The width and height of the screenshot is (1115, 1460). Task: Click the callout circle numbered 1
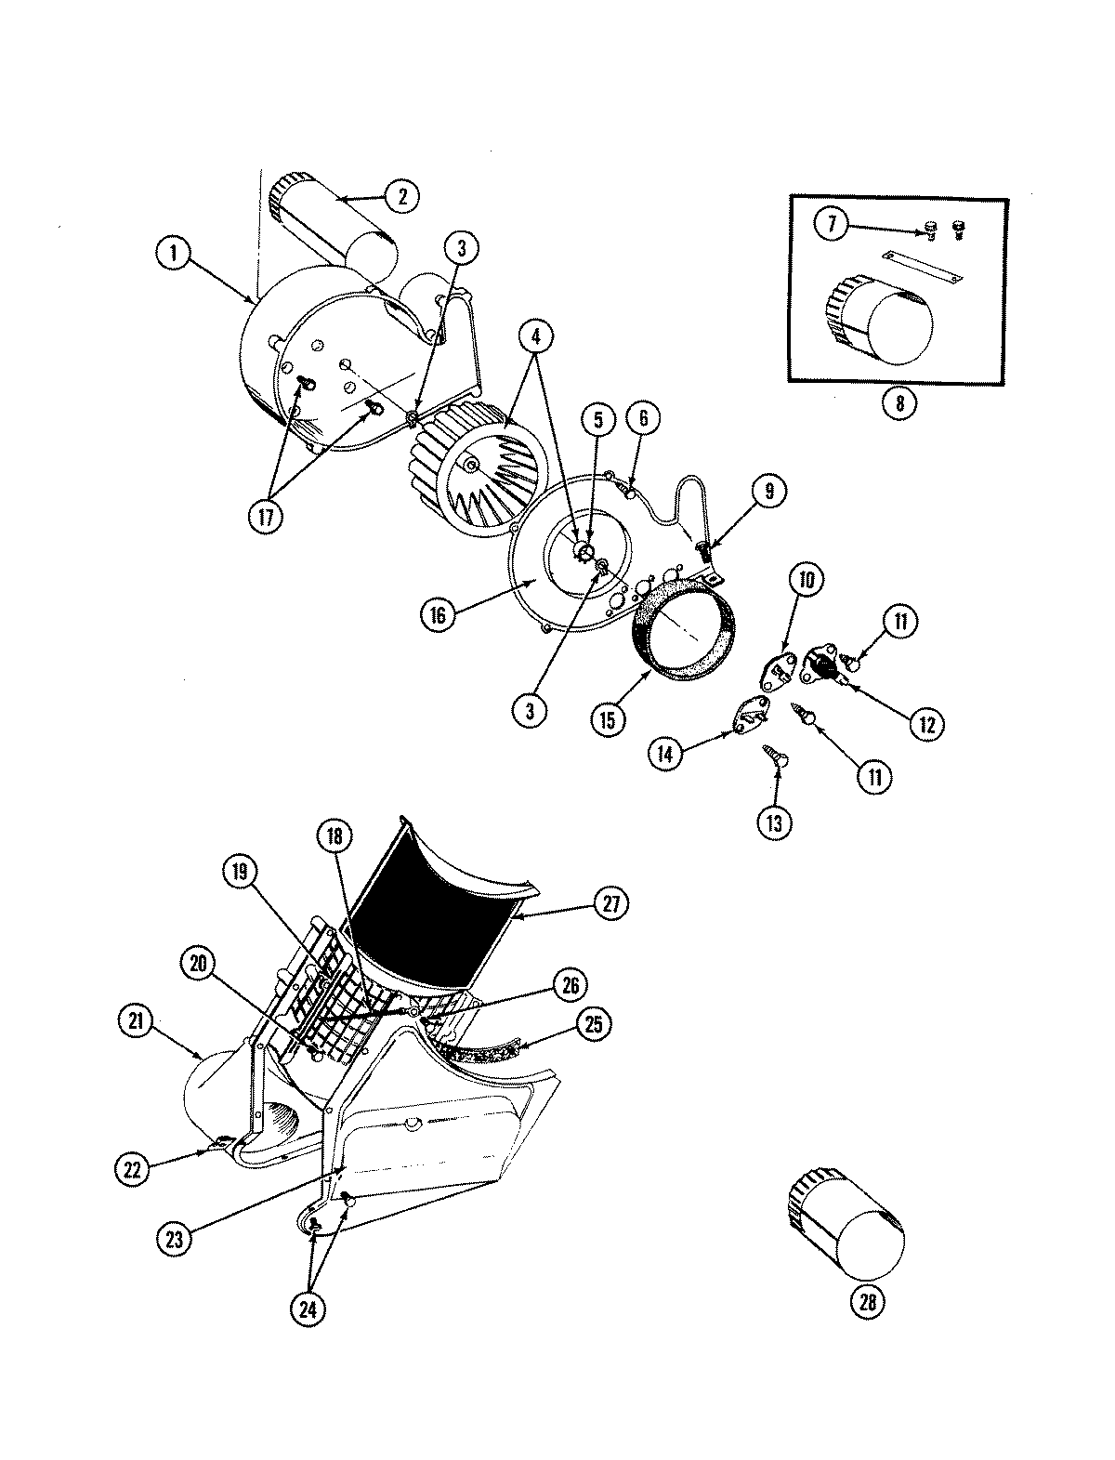pos(174,253)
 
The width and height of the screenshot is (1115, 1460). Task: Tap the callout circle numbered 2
pos(402,196)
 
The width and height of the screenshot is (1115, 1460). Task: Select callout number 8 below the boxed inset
pos(899,403)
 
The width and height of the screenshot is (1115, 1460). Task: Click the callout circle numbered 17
pos(266,517)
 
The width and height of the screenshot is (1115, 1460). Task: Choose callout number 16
pos(439,614)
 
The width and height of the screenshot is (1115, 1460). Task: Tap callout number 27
pos(611,904)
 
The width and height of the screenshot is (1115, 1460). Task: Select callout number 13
pos(775,824)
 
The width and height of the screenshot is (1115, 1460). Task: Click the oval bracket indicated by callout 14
pos(750,715)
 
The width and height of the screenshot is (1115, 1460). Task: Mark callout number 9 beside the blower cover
pos(770,492)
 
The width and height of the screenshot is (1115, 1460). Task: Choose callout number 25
pos(594,1023)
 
